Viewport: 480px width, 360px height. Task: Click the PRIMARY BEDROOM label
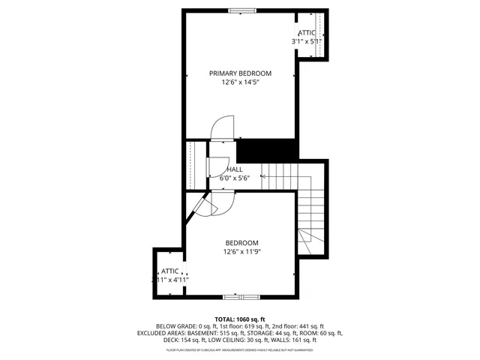pos(240,73)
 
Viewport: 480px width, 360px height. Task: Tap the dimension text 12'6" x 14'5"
pos(240,82)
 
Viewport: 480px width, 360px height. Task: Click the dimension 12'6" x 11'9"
pos(241,252)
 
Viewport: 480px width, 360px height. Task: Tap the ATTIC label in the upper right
pos(307,33)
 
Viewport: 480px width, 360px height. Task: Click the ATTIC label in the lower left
pos(169,271)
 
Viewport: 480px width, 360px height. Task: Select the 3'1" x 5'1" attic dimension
pos(306,42)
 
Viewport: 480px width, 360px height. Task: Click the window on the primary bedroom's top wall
pos(241,10)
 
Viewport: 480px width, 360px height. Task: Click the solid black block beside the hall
pos(265,149)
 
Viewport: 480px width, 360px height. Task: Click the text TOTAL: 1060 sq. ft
pos(240,319)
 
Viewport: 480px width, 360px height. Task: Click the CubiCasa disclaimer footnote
pos(240,349)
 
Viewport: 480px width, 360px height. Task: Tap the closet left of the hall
pos(196,165)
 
